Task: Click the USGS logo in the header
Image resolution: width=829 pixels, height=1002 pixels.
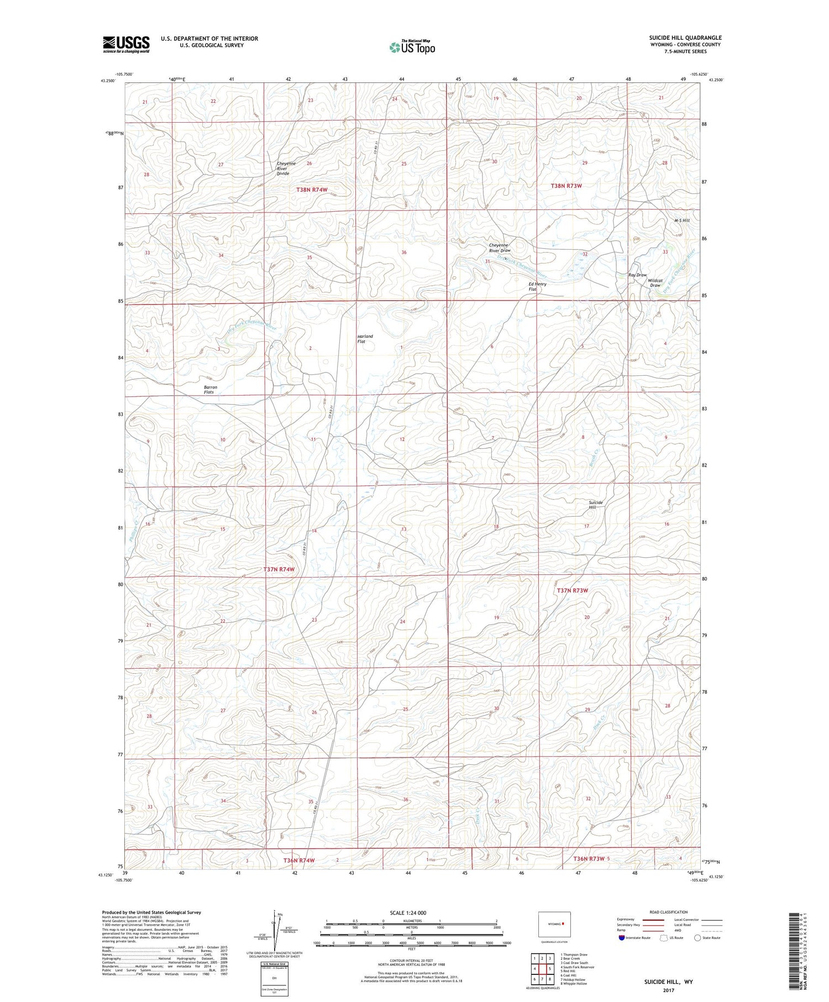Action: click(x=126, y=44)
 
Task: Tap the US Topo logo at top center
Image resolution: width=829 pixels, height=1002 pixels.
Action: click(x=412, y=47)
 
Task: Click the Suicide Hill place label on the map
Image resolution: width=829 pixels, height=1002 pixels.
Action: click(x=595, y=505)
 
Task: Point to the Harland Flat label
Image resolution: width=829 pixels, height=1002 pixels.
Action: click(x=365, y=339)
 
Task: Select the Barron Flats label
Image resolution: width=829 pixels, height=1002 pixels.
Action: click(x=211, y=390)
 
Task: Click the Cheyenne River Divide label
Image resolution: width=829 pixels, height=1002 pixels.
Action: click(x=286, y=169)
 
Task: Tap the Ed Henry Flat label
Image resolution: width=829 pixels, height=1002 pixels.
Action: click(x=537, y=286)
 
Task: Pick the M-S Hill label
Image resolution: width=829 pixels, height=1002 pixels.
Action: click(x=681, y=221)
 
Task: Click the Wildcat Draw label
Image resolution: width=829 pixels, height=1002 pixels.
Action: click(x=655, y=283)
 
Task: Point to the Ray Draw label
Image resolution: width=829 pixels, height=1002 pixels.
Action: click(x=637, y=275)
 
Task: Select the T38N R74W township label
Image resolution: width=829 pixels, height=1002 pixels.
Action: click(x=316, y=190)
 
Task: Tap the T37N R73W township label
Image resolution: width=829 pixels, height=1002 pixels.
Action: click(x=572, y=590)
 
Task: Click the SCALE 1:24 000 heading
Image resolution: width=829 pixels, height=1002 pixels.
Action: click(x=411, y=912)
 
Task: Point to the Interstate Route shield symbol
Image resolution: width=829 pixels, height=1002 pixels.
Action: click(x=621, y=938)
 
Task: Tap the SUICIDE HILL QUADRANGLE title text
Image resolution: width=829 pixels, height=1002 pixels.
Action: click(x=685, y=38)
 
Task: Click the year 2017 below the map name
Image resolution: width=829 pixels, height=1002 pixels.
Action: click(x=668, y=990)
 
